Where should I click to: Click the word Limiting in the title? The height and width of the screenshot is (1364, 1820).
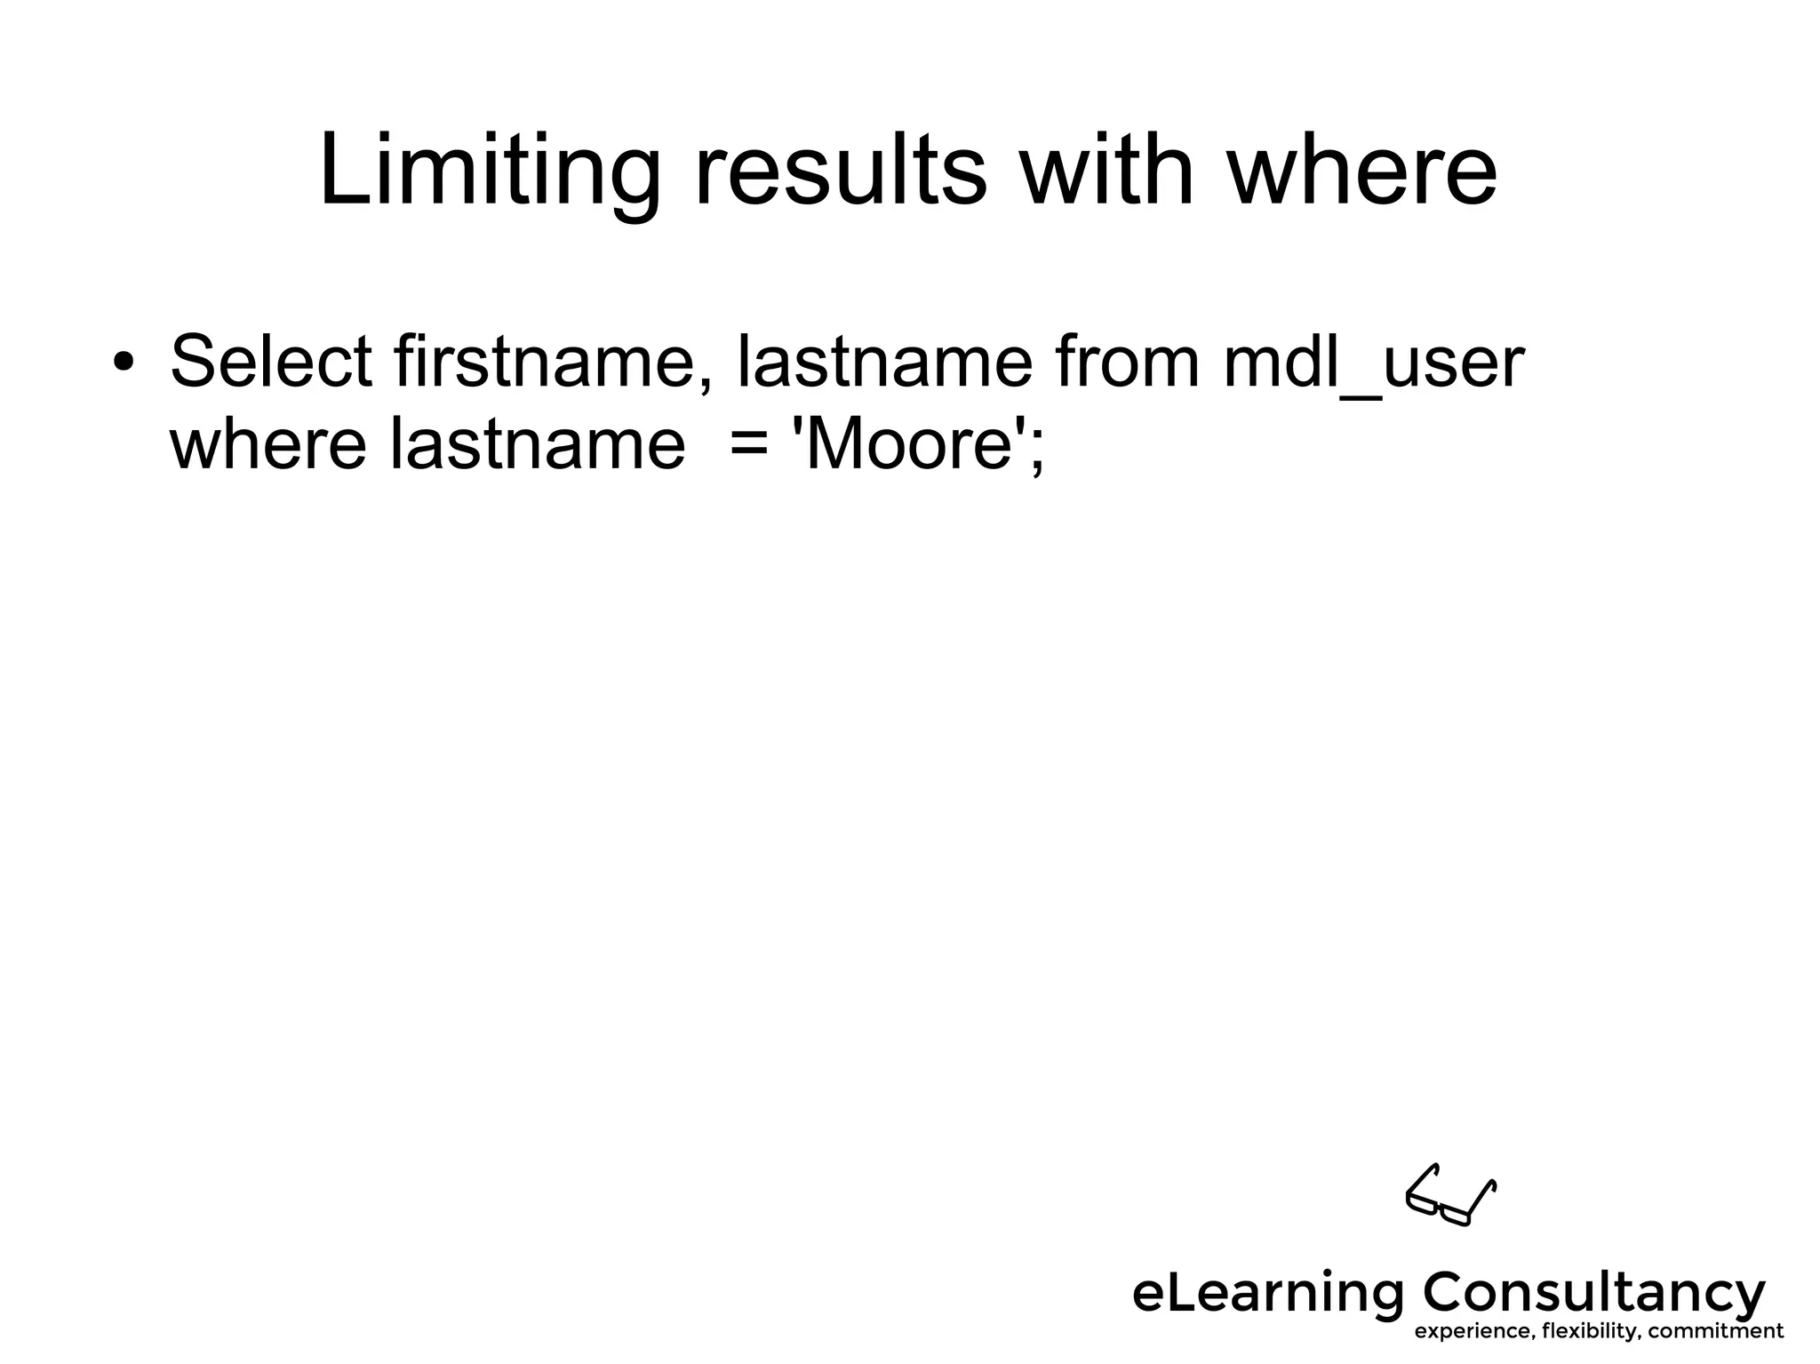click(490, 171)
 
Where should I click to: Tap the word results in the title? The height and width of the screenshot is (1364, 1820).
click(840, 171)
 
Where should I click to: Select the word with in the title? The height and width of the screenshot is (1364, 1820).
click(1106, 171)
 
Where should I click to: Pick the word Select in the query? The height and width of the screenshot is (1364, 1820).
click(271, 362)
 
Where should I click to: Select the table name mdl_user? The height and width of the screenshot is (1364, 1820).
click(1374, 363)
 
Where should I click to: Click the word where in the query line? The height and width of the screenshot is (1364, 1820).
click(267, 443)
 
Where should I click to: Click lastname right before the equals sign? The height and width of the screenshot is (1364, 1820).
click(538, 443)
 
